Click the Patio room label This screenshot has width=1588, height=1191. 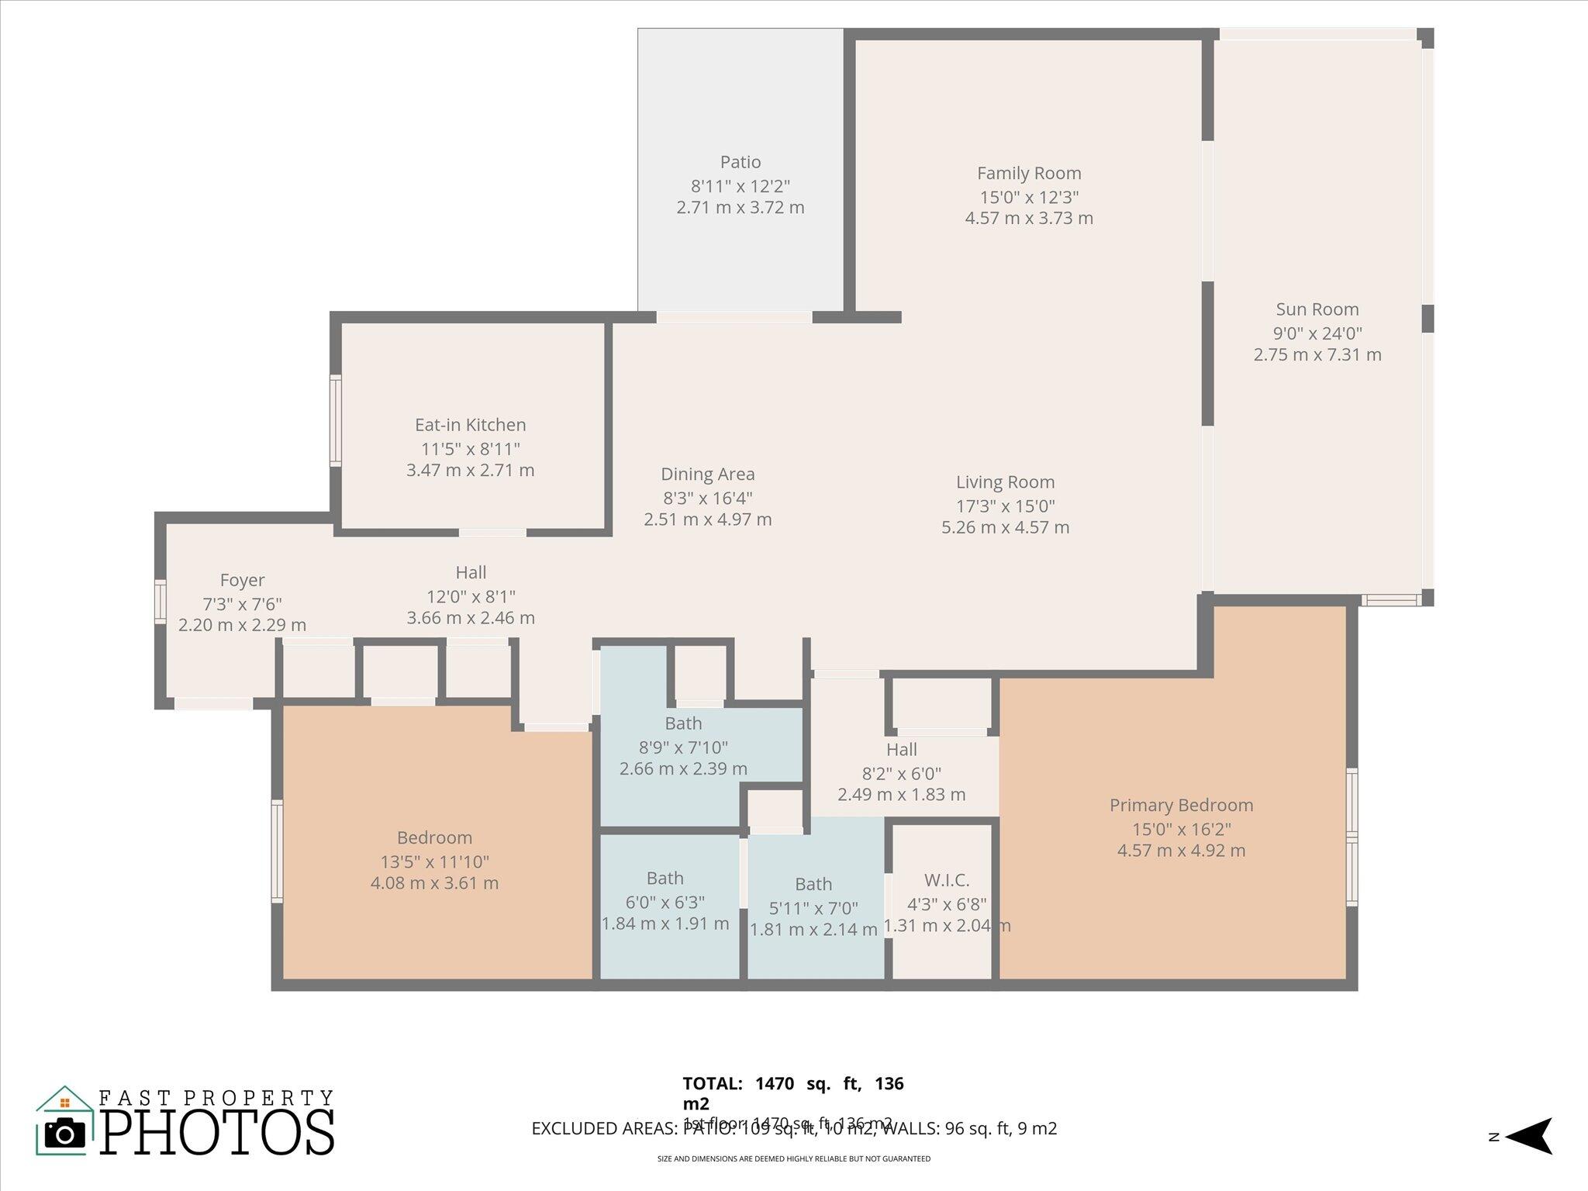[x=740, y=162]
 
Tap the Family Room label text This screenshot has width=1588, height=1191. [x=1028, y=173]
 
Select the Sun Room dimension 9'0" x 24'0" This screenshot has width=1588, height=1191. [x=1317, y=333]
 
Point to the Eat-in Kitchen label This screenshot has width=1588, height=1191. [x=470, y=425]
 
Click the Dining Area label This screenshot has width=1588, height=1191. [x=707, y=474]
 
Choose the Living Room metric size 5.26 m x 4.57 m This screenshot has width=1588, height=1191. [x=1005, y=527]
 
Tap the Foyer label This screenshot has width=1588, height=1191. [x=242, y=580]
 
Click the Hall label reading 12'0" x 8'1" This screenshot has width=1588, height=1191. [x=471, y=596]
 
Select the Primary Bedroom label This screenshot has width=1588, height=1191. [x=1180, y=805]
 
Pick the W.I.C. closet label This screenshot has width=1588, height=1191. [x=946, y=880]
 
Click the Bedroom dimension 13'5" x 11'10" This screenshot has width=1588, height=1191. [x=434, y=861]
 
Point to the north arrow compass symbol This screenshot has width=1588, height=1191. [x=1528, y=1137]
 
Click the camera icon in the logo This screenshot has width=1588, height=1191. [x=65, y=1134]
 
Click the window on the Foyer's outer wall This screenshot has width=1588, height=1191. [x=160, y=601]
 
